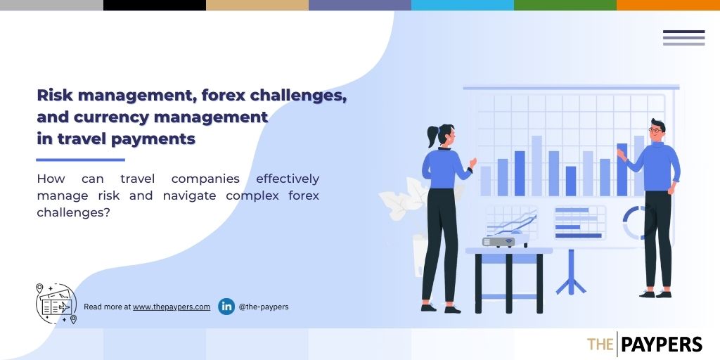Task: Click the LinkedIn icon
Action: click(226, 307)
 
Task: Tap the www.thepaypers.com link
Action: click(172, 307)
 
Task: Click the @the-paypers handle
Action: click(264, 307)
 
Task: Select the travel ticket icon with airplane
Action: click(56, 304)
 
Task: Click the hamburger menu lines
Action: click(683, 38)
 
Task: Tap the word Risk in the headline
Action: click(55, 96)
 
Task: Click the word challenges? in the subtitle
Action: click(73, 212)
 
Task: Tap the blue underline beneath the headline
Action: click(80, 160)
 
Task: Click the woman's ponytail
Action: click(432, 136)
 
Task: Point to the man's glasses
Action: click(656, 130)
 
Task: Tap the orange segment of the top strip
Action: click(668, 5)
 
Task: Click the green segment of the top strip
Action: click(565, 5)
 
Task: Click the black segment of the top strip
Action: click(155, 5)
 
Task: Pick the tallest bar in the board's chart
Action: click(536, 166)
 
